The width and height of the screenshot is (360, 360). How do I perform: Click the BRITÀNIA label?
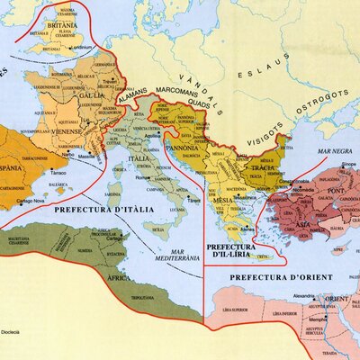(51, 26)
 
